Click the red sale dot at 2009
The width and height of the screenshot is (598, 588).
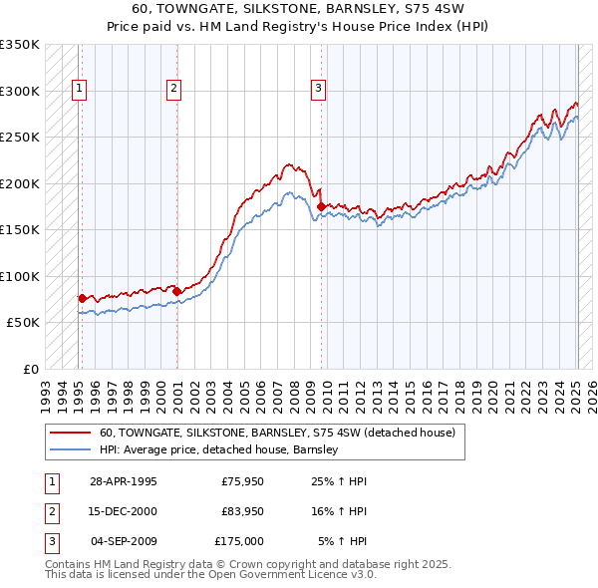321,206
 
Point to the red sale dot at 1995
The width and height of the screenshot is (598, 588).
82,298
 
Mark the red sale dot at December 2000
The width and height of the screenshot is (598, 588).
177,291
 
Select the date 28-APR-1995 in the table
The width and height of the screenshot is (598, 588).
124,481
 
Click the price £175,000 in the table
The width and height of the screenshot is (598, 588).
239,541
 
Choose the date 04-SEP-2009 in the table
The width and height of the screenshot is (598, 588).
124,541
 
